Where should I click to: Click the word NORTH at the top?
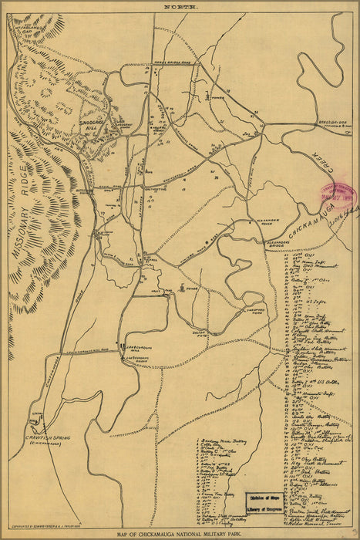click(x=180, y=6)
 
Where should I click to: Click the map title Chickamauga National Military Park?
click(x=180, y=533)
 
